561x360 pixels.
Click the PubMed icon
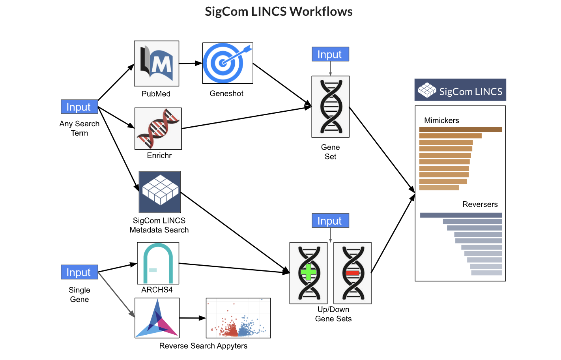click(156, 64)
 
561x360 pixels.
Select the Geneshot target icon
click(227, 63)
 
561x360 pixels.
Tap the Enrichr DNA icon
click(158, 129)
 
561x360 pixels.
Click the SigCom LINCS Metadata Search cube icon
click(160, 192)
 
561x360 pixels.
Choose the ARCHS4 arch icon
click(158, 263)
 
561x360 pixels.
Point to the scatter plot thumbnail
click(238, 318)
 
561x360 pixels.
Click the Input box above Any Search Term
click(79, 107)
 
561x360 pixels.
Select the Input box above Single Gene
click(79, 272)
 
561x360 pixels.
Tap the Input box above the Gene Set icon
click(330, 54)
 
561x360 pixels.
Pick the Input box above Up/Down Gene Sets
click(330, 221)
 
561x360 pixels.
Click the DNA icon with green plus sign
click(309, 273)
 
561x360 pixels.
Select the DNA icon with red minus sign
click(352, 273)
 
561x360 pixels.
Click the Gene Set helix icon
click(330, 107)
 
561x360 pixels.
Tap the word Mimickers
click(441, 120)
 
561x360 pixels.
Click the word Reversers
click(480, 204)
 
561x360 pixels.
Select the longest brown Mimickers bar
click(460, 129)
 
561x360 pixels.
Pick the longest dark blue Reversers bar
click(461, 215)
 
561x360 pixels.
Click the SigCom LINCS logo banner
click(460, 90)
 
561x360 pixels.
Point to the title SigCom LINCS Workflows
click(279, 11)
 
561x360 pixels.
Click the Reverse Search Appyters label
click(203, 346)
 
